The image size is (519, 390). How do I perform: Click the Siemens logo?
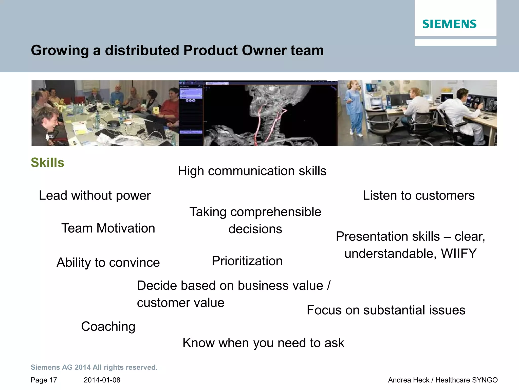449,24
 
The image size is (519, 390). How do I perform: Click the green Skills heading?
47,162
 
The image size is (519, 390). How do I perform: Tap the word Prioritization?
247,261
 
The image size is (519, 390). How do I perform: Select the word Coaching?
108,327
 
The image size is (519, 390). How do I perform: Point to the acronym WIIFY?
459,253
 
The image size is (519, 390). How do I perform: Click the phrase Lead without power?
95,196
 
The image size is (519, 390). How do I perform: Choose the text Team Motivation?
108,228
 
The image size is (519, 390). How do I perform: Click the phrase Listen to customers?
418,196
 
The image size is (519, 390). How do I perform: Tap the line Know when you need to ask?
263,343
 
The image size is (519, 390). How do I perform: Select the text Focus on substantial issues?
386,310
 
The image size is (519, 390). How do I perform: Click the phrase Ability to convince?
108,263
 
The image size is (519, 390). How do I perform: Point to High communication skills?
252,171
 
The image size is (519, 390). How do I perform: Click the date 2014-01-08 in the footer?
102,380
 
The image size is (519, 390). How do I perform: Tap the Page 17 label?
44,380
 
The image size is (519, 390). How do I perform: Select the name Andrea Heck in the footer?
409,380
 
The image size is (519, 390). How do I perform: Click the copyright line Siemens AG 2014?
94,367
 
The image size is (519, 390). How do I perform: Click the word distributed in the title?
142,50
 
